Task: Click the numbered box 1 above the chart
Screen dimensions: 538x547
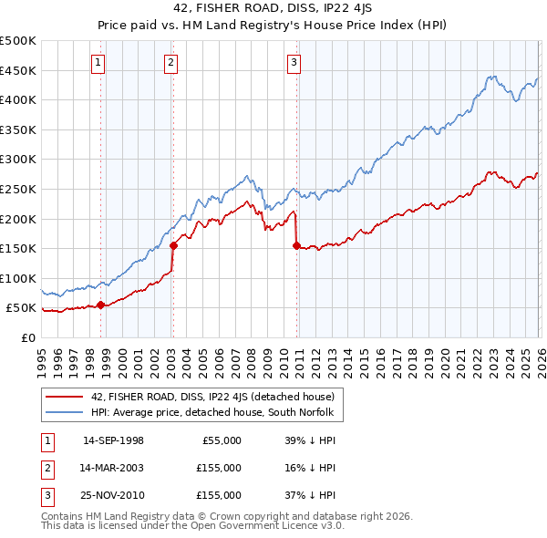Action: pyautogui.click(x=98, y=63)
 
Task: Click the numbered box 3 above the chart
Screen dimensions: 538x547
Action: pyautogui.click(x=294, y=63)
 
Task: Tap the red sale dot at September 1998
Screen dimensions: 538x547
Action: pyautogui.click(x=100, y=305)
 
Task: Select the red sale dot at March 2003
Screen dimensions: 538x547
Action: pyautogui.click(x=173, y=245)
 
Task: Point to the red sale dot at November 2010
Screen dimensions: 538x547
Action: pyautogui.click(x=297, y=245)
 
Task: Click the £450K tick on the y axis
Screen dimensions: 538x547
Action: pyautogui.click(x=18, y=70)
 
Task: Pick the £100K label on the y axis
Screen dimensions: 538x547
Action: pyautogui.click(x=18, y=278)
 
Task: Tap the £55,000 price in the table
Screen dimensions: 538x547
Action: pyautogui.click(x=219, y=440)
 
